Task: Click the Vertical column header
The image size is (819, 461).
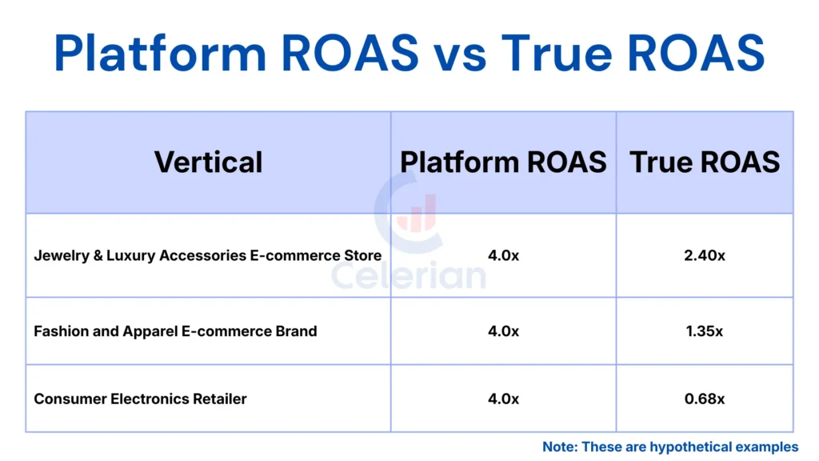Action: pos(208,162)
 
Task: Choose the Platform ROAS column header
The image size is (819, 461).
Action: pos(503,162)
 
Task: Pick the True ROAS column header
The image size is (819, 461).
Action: pos(705,162)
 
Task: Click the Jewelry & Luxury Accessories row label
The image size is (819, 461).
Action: pos(207,255)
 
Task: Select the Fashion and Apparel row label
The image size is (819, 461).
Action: pos(175,331)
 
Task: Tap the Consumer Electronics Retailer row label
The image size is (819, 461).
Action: pos(140,399)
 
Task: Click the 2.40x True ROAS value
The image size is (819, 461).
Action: pos(705,255)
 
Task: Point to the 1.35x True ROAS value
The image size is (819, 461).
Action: pos(705,331)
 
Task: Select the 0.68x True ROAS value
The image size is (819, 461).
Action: pos(705,399)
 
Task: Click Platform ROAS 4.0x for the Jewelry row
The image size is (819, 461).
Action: pos(503,255)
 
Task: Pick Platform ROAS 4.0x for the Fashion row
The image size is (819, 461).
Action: pos(503,331)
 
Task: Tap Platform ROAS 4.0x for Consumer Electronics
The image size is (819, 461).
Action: pos(503,399)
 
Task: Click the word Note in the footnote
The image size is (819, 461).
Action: pos(559,447)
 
